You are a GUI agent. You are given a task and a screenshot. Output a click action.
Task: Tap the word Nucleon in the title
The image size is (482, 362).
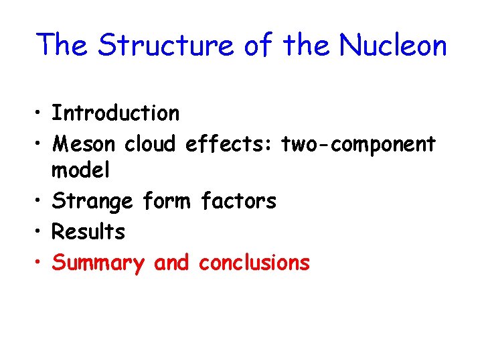point(393,46)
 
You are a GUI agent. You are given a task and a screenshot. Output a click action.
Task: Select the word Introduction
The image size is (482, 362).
point(116,113)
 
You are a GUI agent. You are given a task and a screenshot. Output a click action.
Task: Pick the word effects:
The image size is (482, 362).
point(230,143)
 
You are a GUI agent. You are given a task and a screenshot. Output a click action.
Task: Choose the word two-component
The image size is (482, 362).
point(359,143)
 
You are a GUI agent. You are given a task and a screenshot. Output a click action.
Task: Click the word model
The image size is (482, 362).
point(80,170)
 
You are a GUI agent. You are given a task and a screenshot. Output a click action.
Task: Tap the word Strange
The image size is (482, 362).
point(93,200)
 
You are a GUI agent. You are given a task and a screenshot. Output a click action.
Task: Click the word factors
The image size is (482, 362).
point(238,200)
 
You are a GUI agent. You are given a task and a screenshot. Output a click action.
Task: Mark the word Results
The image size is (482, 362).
point(88,232)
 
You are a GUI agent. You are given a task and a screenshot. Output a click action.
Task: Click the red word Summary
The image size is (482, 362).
point(98,263)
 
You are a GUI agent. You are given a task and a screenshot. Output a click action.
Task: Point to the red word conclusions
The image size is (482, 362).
point(254,262)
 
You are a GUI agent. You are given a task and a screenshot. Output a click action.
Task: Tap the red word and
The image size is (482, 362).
point(172,262)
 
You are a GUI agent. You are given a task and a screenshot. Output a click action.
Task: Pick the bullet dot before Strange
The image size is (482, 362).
point(40,202)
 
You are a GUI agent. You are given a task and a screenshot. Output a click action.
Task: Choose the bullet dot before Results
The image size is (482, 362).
point(40,233)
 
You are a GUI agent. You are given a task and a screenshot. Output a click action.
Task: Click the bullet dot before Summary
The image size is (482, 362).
point(40,263)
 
